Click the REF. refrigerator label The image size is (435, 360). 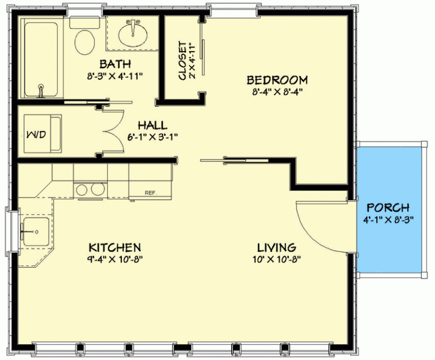tap(150, 192)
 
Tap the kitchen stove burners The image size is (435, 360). tap(89, 190)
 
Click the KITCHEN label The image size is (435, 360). tap(114, 248)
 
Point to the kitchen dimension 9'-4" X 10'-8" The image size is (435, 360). tap(114, 260)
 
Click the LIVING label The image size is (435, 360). tap(276, 248)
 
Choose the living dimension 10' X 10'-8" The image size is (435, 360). tap(276, 260)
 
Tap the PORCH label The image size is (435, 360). tap(387, 208)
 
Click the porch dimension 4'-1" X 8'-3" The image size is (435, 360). tap(387, 220)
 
